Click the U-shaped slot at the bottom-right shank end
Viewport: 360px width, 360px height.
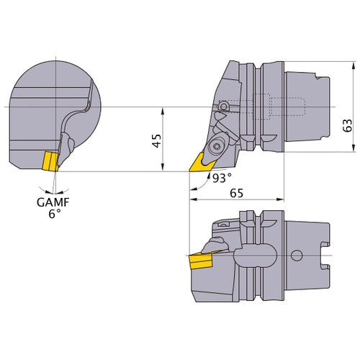click(323, 256)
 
